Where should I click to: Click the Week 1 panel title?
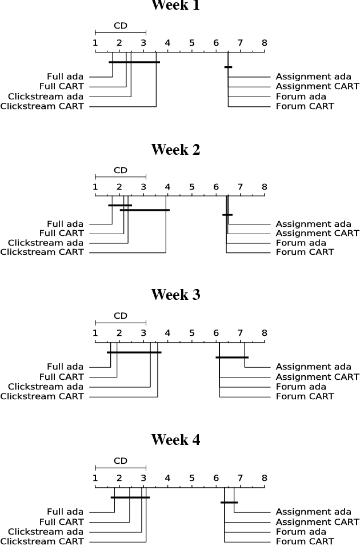175,6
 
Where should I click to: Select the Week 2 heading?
175,150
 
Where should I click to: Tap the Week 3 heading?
175,295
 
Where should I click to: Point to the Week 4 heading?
175,440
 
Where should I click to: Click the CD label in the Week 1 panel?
120,26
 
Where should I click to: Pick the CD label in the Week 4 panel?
120,461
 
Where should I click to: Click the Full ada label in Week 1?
65,76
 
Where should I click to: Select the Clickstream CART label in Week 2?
42,252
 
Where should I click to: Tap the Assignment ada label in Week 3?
313,367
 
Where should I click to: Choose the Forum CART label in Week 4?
305,541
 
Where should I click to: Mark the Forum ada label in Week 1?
301,96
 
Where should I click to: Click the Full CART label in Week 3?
61,377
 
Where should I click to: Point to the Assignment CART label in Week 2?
317,233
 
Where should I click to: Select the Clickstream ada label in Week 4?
46,532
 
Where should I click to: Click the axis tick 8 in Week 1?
264,43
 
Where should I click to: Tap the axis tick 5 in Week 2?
191,187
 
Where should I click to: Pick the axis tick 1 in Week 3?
95,332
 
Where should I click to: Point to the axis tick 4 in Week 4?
167,477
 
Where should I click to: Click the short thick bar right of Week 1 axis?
228,67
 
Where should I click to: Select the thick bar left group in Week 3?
134,352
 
